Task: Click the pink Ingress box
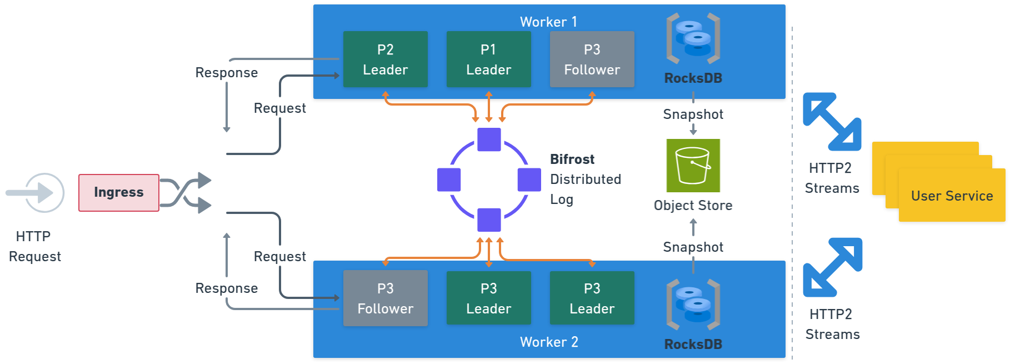118,192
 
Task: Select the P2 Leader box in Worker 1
385,59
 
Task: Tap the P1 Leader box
488,59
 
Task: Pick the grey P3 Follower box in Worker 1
592,59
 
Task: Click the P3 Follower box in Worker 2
385,298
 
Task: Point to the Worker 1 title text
548,22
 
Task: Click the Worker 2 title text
548,342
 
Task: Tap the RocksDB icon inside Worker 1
693,38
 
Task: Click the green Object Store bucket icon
693,165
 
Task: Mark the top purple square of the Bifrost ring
489,139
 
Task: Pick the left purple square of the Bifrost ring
449,179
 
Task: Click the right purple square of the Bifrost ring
529,179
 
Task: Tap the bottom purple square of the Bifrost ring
489,220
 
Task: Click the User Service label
952,196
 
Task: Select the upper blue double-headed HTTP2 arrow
832,122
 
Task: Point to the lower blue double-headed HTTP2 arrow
832,267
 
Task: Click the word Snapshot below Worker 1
693,114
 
